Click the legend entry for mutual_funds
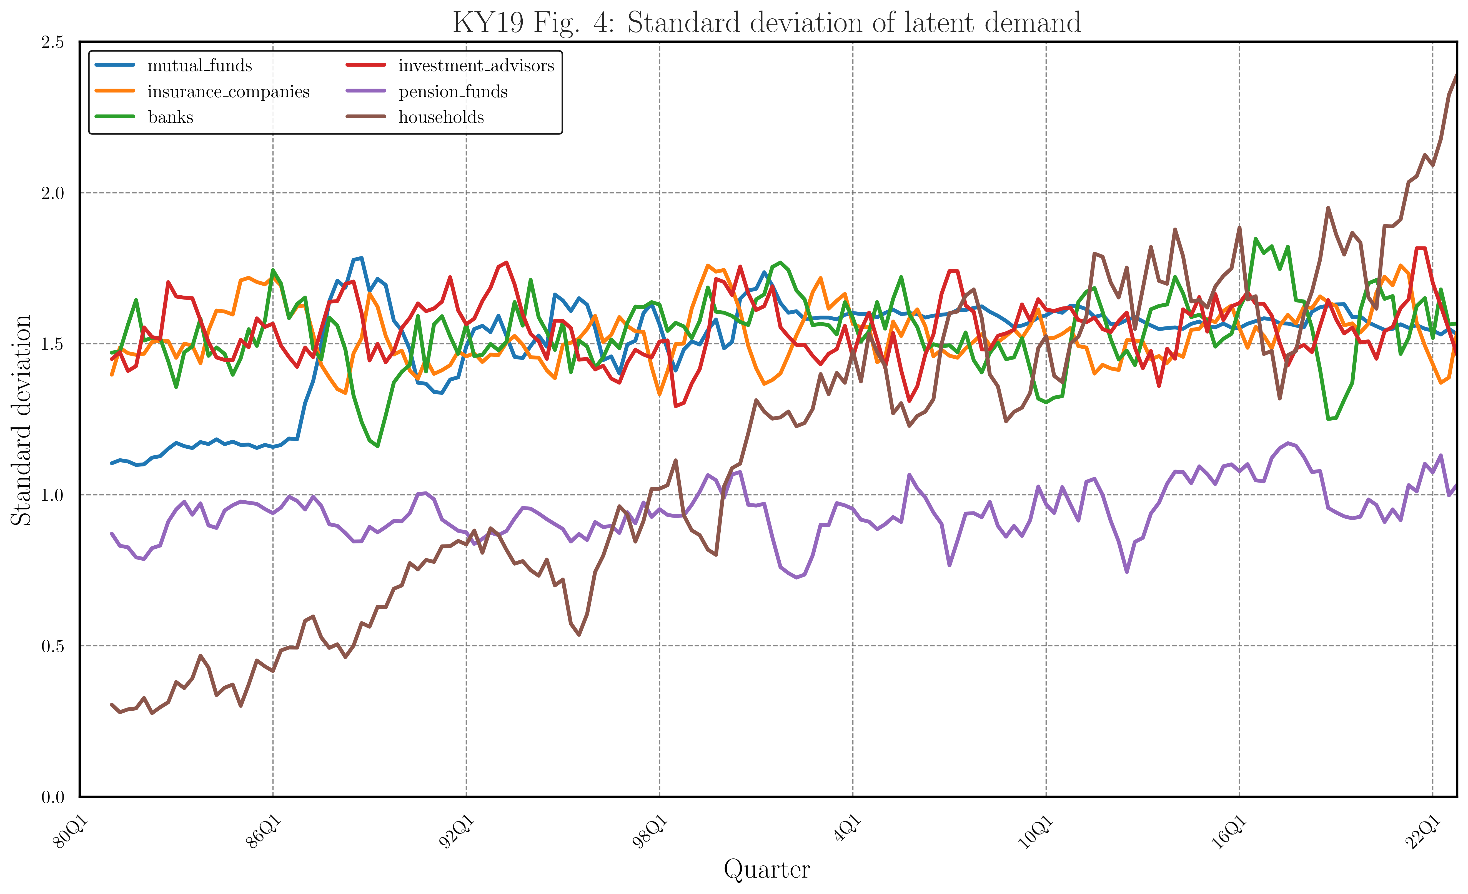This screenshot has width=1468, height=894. pyautogui.click(x=200, y=66)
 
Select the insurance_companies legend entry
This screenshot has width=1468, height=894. pyautogui.click(x=228, y=92)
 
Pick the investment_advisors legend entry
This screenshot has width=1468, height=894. pyautogui.click(x=476, y=66)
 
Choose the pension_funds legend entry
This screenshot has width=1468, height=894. pyautogui.click(x=453, y=92)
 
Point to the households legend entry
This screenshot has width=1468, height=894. pyautogui.click(x=441, y=118)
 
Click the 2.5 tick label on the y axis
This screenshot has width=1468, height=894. pyautogui.click(x=52, y=42)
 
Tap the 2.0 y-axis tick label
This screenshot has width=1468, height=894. pyautogui.click(x=52, y=193)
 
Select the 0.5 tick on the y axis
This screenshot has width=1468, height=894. pyautogui.click(x=52, y=646)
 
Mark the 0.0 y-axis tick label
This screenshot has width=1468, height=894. pyautogui.click(x=52, y=797)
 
